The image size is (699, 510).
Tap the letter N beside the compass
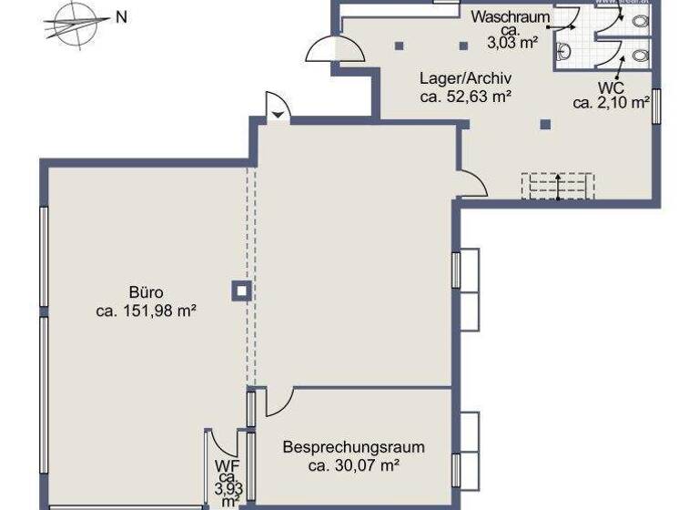point(121,17)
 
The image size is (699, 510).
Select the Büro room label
point(146,292)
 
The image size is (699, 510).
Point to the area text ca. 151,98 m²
point(146,311)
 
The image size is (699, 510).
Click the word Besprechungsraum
point(353,447)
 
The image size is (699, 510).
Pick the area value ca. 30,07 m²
point(353,465)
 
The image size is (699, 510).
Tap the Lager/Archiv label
point(464,77)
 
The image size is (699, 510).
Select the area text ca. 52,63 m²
point(464,96)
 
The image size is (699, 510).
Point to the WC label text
point(610,87)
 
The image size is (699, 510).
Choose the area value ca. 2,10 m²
point(610,103)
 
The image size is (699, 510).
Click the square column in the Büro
point(241,291)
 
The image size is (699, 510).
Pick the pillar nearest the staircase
point(544,125)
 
